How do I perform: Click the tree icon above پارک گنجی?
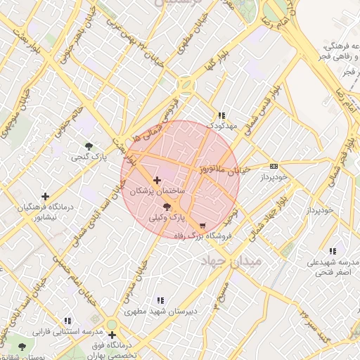[89, 146]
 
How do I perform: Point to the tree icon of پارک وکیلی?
[167, 207]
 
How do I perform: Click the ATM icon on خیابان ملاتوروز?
[274, 167]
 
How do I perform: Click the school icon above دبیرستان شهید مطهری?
[160, 300]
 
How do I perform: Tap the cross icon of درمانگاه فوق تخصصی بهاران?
[112, 335]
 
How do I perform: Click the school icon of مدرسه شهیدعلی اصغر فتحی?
[333, 251]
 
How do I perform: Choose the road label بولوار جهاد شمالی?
[271, 217]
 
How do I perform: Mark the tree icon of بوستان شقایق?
[22, 347]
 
